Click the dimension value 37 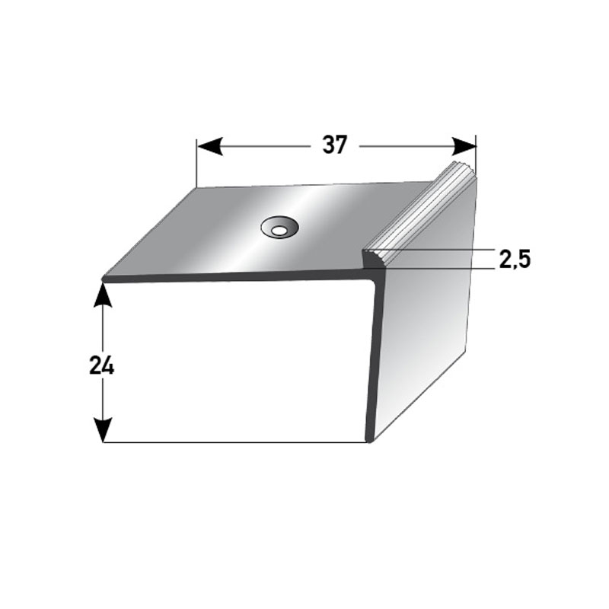coord(333,145)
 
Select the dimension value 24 coord(101,366)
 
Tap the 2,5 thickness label coord(515,260)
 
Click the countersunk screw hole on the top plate coord(279,226)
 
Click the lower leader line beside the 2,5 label coord(442,268)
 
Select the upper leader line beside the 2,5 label coord(442,250)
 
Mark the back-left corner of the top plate coord(197,188)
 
